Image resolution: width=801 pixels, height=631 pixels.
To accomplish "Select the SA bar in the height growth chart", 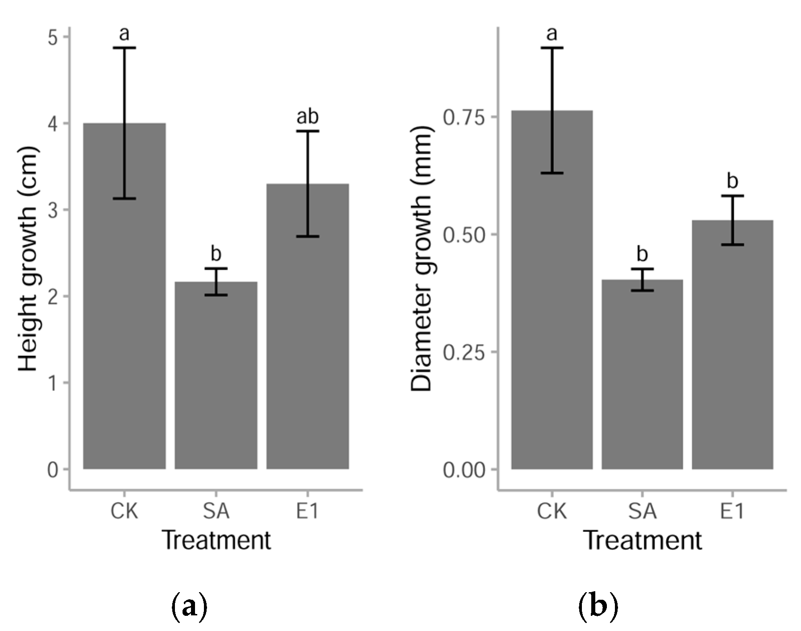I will (x=216, y=380).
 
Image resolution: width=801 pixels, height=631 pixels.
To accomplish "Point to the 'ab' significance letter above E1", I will (x=307, y=117).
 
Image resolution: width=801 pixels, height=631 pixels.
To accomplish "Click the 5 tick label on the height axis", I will (x=53, y=38).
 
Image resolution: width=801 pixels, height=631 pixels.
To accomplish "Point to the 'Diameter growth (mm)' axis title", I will (x=421, y=259).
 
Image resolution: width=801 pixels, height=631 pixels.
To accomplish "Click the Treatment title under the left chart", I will (x=216, y=540).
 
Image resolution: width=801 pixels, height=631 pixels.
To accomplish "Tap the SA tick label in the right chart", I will (x=642, y=511).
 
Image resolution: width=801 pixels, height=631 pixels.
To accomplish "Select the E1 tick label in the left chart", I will (x=307, y=511).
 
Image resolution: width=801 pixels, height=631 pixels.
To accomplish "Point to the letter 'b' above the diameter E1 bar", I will (x=732, y=181).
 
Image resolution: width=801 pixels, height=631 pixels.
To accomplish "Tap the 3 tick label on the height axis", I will (x=53, y=210).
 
